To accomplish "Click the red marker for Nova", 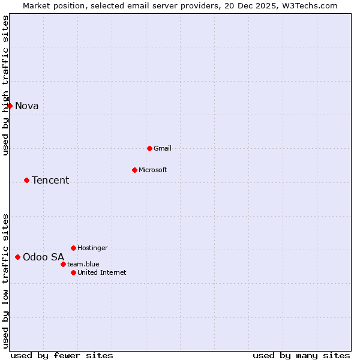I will click(x=10, y=106).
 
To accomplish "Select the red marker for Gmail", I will click(x=149, y=148).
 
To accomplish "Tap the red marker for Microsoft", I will click(x=134, y=170).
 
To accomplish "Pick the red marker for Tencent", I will click(x=26, y=180).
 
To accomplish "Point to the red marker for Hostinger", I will click(x=73, y=248).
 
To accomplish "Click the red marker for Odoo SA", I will click(x=17, y=257).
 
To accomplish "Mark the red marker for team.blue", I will click(x=63, y=264).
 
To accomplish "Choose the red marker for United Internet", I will click(x=73, y=272).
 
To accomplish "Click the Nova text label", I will click(x=27, y=106).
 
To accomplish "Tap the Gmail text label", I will click(x=163, y=148).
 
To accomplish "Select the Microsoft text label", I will click(x=153, y=170).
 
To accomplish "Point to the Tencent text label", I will click(x=50, y=180).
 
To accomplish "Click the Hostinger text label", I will click(x=93, y=248).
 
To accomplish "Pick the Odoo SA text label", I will click(x=43, y=257).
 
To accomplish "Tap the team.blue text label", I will click(x=83, y=264).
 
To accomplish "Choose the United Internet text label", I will click(x=102, y=272).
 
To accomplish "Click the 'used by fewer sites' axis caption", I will click(x=62, y=355).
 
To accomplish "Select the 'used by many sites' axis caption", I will click(x=301, y=355).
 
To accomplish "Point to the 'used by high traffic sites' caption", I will click(x=6, y=85).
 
